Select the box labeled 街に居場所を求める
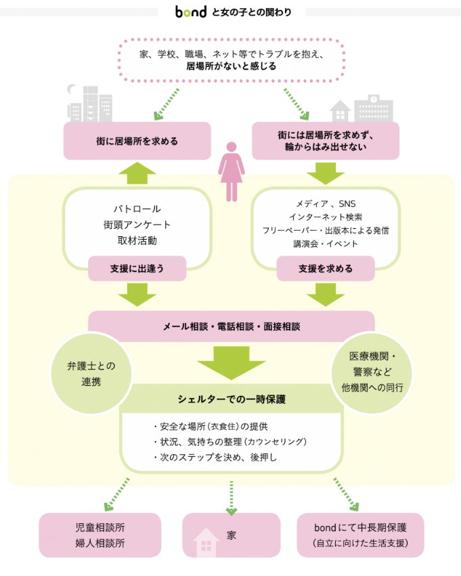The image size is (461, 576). pyautogui.click(x=137, y=141)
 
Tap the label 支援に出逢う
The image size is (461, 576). pyautogui.click(x=137, y=268)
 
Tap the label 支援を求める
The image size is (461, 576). pyautogui.click(x=326, y=268)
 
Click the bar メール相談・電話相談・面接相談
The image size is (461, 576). pyautogui.click(x=231, y=326)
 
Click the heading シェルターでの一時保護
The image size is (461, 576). pyautogui.click(x=232, y=399)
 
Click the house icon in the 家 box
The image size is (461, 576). pyautogui.click(x=206, y=542)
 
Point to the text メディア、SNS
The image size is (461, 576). pyautogui.click(x=326, y=203)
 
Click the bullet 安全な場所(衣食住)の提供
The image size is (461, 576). pyautogui.click(x=211, y=426)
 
